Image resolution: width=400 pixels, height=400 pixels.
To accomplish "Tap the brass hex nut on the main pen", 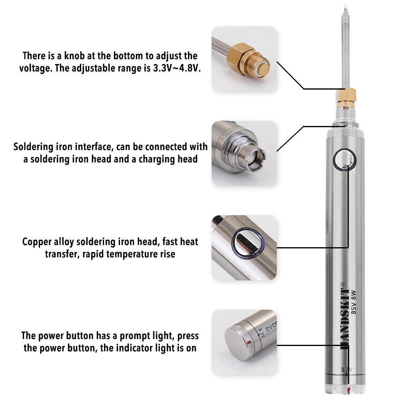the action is [x=346, y=95].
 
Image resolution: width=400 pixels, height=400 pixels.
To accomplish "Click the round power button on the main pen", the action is [x=344, y=160].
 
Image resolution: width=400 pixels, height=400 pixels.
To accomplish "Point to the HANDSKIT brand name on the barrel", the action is [x=345, y=316].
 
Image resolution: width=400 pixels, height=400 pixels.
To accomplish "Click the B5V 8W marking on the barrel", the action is [x=353, y=302].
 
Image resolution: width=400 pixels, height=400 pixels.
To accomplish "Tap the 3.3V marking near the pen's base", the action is [x=346, y=369].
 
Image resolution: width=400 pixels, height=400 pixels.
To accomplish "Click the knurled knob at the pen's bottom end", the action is [x=346, y=389].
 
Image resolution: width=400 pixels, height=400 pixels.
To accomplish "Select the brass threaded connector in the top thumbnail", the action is [x=248, y=60].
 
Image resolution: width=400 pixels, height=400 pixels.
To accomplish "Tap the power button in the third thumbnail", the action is [x=248, y=243].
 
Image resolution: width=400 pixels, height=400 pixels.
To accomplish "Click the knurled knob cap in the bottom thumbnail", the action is [x=240, y=342].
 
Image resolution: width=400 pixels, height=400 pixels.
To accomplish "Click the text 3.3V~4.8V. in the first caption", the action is [x=177, y=68].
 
